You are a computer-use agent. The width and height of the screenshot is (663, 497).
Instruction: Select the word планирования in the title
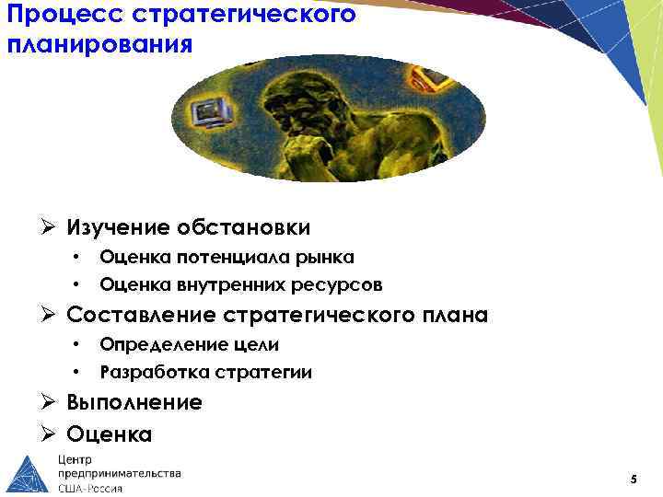pos(100,44)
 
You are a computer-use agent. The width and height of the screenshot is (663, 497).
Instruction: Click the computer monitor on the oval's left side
pos(210,114)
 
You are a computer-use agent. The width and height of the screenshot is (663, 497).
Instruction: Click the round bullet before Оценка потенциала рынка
pos(80,256)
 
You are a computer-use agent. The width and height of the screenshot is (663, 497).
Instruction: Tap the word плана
pos(450,316)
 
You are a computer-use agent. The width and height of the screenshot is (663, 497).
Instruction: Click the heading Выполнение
pos(134,402)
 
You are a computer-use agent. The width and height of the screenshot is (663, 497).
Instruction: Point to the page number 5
pos(634,480)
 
